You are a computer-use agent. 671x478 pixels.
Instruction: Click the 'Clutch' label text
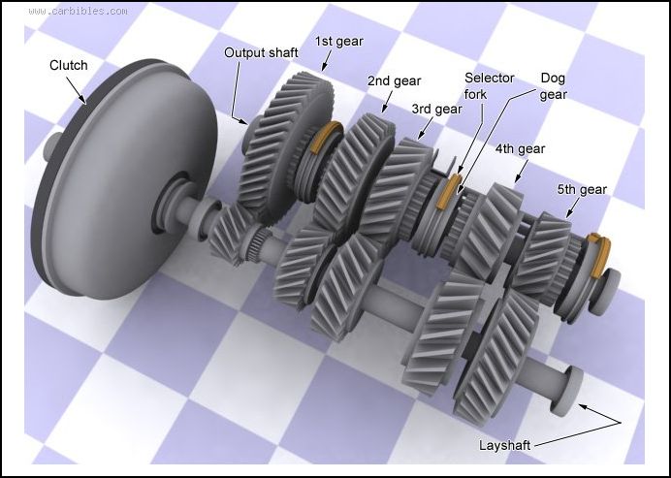click(68, 66)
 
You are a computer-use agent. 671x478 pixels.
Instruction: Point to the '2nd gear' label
click(393, 81)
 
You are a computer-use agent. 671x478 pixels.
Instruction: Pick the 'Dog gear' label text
click(553, 86)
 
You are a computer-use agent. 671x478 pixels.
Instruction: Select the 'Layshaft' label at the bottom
click(505, 445)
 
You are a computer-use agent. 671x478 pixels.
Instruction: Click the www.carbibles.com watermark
click(78, 12)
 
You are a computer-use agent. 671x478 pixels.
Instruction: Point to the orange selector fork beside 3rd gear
click(448, 193)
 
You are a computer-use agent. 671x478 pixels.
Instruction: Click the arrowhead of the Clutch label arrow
click(88, 100)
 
